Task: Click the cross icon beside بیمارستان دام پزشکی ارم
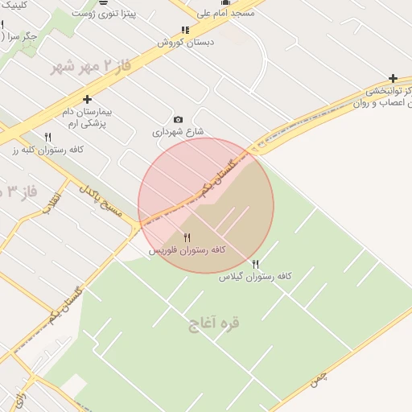click(x=88, y=99)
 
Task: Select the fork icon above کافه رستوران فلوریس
click(x=187, y=237)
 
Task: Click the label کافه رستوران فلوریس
click(x=187, y=251)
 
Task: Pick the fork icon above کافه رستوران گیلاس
click(x=256, y=263)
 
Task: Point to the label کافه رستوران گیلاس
click(x=255, y=276)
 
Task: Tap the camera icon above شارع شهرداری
click(x=179, y=119)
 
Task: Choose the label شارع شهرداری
click(x=178, y=131)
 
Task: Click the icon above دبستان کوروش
click(x=186, y=31)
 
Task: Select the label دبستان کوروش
click(x=185, y=42)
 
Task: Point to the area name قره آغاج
click(x=214, y=324)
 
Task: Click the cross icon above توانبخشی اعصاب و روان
click(x=393, y=78)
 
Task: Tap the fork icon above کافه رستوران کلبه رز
click(x=47, y=137)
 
